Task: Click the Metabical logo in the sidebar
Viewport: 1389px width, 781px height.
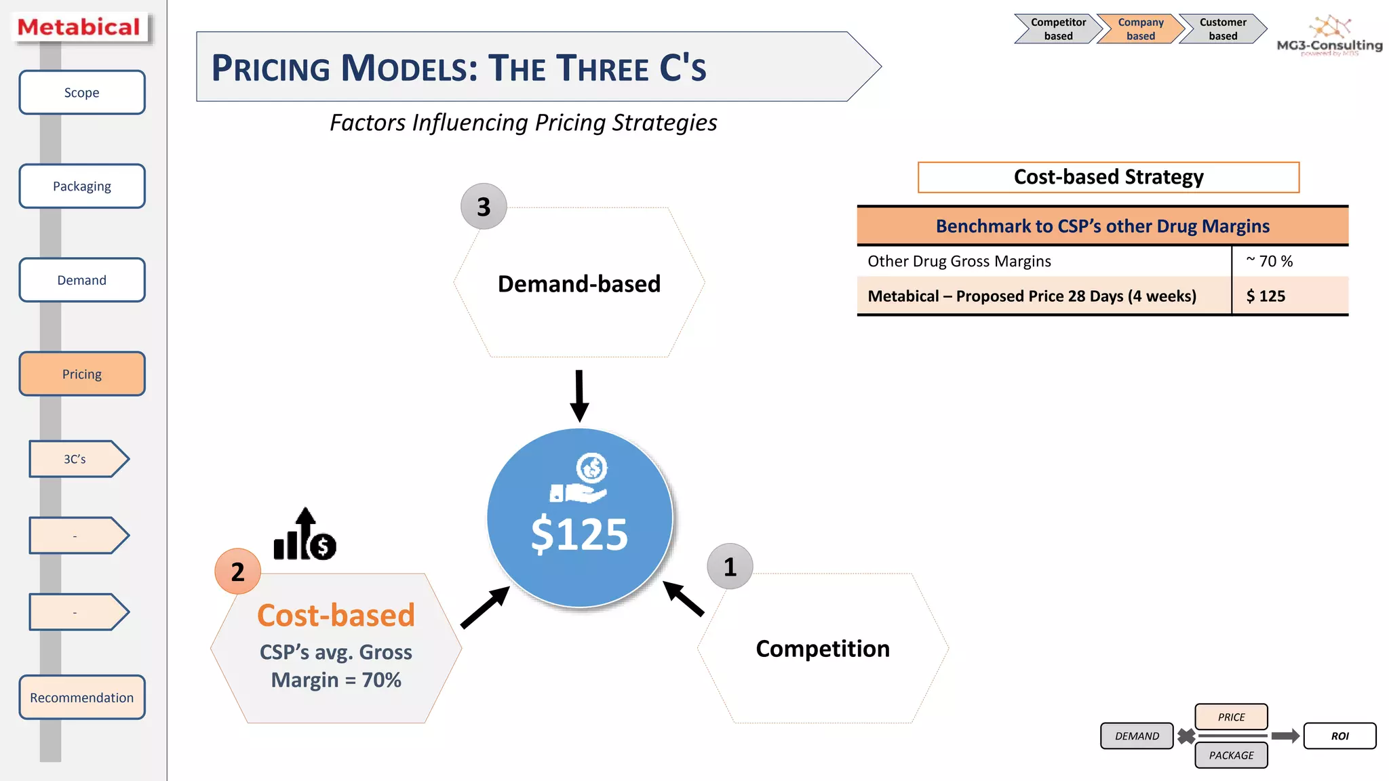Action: [79, 27]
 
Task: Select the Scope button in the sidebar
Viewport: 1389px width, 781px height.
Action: [81, 92]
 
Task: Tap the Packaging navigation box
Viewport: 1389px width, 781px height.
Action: [81, 186]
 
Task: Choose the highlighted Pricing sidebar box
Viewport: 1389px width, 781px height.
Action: [81, 374]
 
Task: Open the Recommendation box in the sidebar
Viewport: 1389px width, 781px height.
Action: [81, 697]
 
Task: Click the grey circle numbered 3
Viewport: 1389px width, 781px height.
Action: [484, 207]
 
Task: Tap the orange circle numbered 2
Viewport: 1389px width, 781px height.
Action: [237, 572]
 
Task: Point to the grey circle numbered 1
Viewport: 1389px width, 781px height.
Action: [730, 567]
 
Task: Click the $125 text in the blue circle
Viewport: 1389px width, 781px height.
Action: [579, 534]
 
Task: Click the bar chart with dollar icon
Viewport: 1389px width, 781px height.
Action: [305, 536]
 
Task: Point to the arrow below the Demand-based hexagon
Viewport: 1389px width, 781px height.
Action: [579, 395]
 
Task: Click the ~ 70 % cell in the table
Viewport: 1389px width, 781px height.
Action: [1270, 261]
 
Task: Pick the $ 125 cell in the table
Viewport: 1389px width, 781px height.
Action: [1266, 296]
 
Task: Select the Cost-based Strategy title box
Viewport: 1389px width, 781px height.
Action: [1108, 177]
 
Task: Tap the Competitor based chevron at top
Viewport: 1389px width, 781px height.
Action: [1057, 29]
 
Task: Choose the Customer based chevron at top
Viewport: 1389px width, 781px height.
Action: [1222, 29]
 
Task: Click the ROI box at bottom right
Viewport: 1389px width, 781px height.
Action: [1339, 736]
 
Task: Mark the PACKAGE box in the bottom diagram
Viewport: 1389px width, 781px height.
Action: [1231, 755]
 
